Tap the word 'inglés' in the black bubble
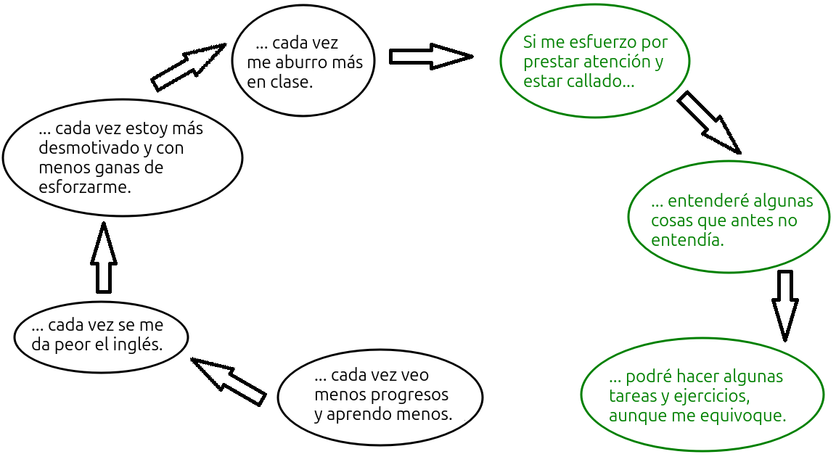point(139,345)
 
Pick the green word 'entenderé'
point(702,201)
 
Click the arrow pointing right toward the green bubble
point(430,57)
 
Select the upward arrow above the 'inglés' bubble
point(104,257)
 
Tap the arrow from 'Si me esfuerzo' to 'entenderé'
point(708,122)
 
